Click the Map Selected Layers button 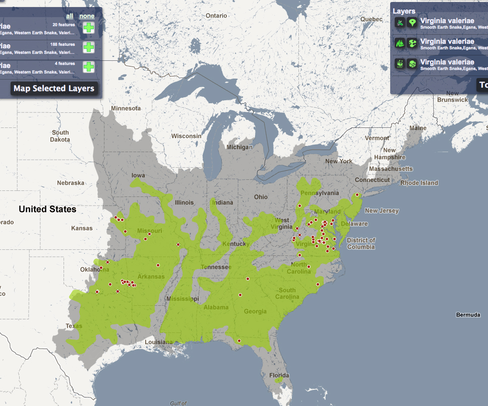point(53,89)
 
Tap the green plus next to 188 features point(89,47)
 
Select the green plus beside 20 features point(89,28)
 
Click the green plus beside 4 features point(89,66)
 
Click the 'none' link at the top point(87,16)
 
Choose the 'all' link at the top point(70,16)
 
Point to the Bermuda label point(468,315)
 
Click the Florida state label point(279,375)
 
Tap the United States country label point(47,209)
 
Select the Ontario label point(216,16)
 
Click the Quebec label point(372,19)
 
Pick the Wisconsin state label point(186,136)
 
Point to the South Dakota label point(60,136)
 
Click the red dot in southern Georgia point(239,341)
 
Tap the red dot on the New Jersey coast point(357,194)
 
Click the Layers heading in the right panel point(404,11)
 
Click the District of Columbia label point(360,244)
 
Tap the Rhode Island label point(419,183)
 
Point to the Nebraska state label point(71,183)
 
